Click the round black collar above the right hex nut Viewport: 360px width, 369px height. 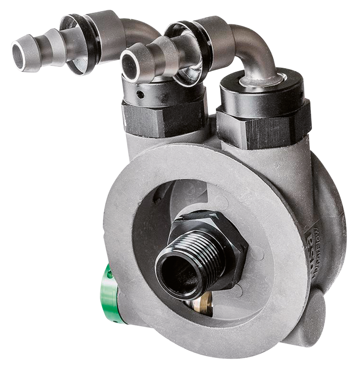coord(262,92)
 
